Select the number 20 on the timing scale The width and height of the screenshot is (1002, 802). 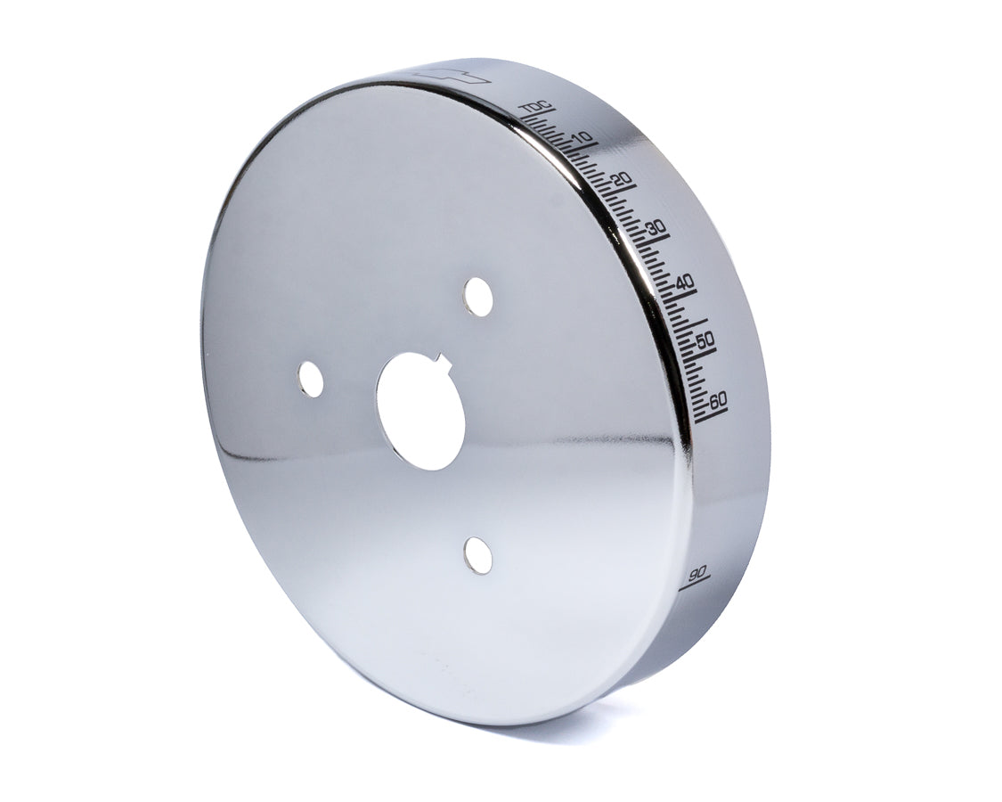coord(623,180)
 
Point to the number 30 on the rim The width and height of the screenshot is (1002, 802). coord(657,228)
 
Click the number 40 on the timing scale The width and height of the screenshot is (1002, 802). coord(685,282)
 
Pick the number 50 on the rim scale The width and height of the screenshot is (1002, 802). coord(705,340)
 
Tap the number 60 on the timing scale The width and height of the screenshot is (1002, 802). coord(718,398)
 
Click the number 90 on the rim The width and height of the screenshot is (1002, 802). coord(697,570)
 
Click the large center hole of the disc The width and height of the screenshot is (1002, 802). coord(421,411)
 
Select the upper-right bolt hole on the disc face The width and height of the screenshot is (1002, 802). coord(478,297)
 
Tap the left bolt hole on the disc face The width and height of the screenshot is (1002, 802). coord(311,380)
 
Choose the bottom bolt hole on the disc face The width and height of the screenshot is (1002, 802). coord(478,556)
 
